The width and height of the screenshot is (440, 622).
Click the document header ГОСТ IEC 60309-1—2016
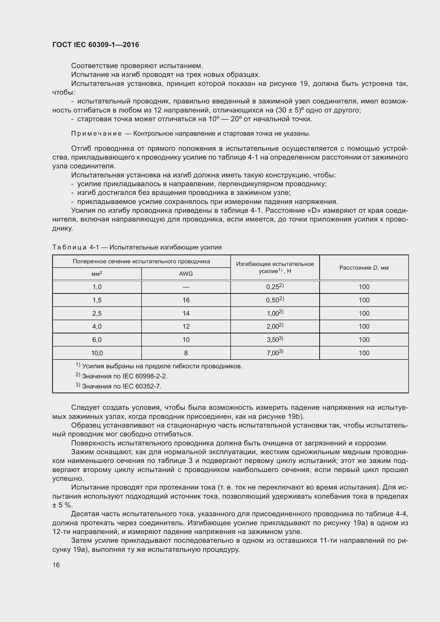coord(96,45)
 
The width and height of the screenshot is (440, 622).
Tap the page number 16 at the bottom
coord(56,565)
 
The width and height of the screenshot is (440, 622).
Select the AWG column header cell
coord(186,274)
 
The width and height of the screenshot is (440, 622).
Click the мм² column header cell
coord(97,274)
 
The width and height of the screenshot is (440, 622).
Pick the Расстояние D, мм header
coord(364,268)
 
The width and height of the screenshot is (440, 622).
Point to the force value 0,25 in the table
coord(275,287)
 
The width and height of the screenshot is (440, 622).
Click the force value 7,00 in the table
coord(275,353)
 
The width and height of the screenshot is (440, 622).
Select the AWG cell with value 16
coord(186,300)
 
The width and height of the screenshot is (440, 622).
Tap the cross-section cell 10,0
coord(97,353)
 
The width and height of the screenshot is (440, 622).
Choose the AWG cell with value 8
coord(186,353)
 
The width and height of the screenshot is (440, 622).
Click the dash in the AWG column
coord(186,287)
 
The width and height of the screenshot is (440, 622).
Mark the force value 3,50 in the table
coord(275,339)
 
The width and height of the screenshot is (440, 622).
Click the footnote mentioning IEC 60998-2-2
coord(122,376)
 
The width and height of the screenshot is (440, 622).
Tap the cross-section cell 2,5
coord(97,313)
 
